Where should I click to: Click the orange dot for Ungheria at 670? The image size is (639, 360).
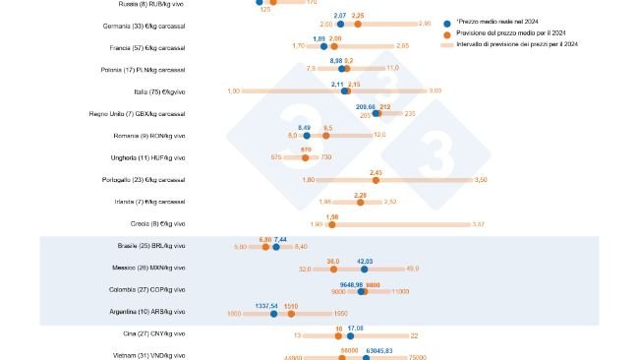pyautogui.click(x=306, y=157)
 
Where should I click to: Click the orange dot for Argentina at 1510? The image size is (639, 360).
pyautogui.click(x=291, y=314)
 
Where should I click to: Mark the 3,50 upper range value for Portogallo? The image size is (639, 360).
pyautogui.click(x=481, y=180)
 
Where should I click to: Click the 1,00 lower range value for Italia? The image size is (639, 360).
pyautogui.click(x=234, y=90)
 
